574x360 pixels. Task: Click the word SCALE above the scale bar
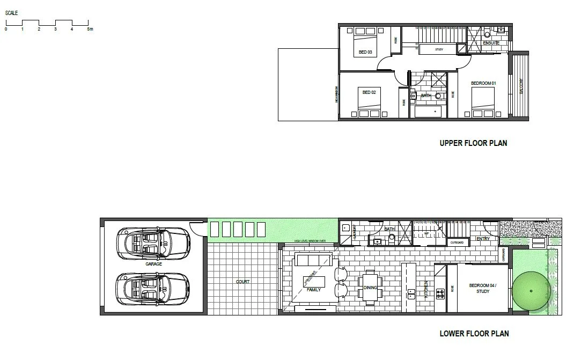11,12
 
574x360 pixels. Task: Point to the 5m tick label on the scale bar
90,29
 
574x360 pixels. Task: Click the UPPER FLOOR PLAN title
473,143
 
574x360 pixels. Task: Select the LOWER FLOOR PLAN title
474,333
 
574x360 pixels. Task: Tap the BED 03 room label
365,52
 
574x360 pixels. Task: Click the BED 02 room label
369,92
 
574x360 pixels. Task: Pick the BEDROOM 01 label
483,83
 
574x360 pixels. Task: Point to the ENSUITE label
491,43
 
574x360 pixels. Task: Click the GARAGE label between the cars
153,264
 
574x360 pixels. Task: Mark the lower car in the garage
153,288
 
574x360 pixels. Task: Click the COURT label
242,282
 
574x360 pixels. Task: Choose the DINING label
370,288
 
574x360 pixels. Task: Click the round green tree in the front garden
530,290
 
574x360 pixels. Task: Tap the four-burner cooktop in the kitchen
440,293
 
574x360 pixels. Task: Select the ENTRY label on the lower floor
483,239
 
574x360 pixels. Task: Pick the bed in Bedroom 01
483,102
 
